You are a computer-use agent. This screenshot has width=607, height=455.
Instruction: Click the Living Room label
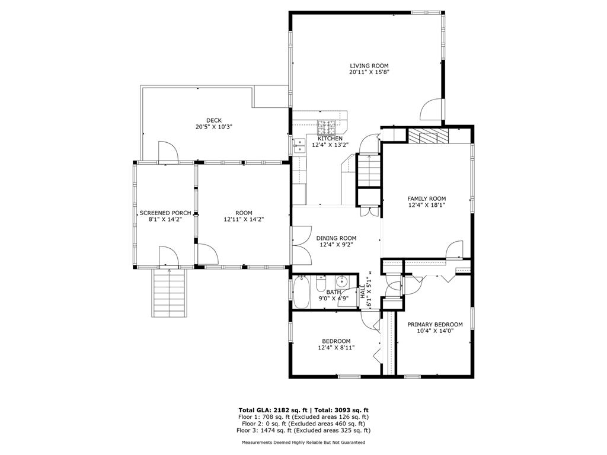click(x=369, y=66)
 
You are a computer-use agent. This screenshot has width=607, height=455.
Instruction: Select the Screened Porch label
click(x=165, y=213)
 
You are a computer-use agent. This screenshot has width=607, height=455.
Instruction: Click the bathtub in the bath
click(x=302, y=293)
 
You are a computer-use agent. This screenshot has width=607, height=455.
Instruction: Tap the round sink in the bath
click(x=342, y=282)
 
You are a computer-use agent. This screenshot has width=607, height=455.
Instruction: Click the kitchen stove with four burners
click(x=327, y=125)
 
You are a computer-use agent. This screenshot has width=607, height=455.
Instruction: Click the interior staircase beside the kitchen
click(x=368, y=169)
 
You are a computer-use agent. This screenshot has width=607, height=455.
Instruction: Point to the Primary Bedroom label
click(x=435, y=325)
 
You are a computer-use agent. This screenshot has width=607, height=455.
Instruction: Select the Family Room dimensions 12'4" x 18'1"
click(x=426, y=205)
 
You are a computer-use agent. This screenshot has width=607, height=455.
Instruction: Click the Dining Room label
click(x=336, y=238)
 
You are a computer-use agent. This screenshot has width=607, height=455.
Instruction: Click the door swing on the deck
click(x=167, y=152)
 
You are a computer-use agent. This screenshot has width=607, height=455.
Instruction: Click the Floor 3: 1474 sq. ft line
click(x=303, y=430)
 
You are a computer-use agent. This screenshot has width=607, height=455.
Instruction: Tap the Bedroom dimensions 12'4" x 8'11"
click(x=336, y=348)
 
